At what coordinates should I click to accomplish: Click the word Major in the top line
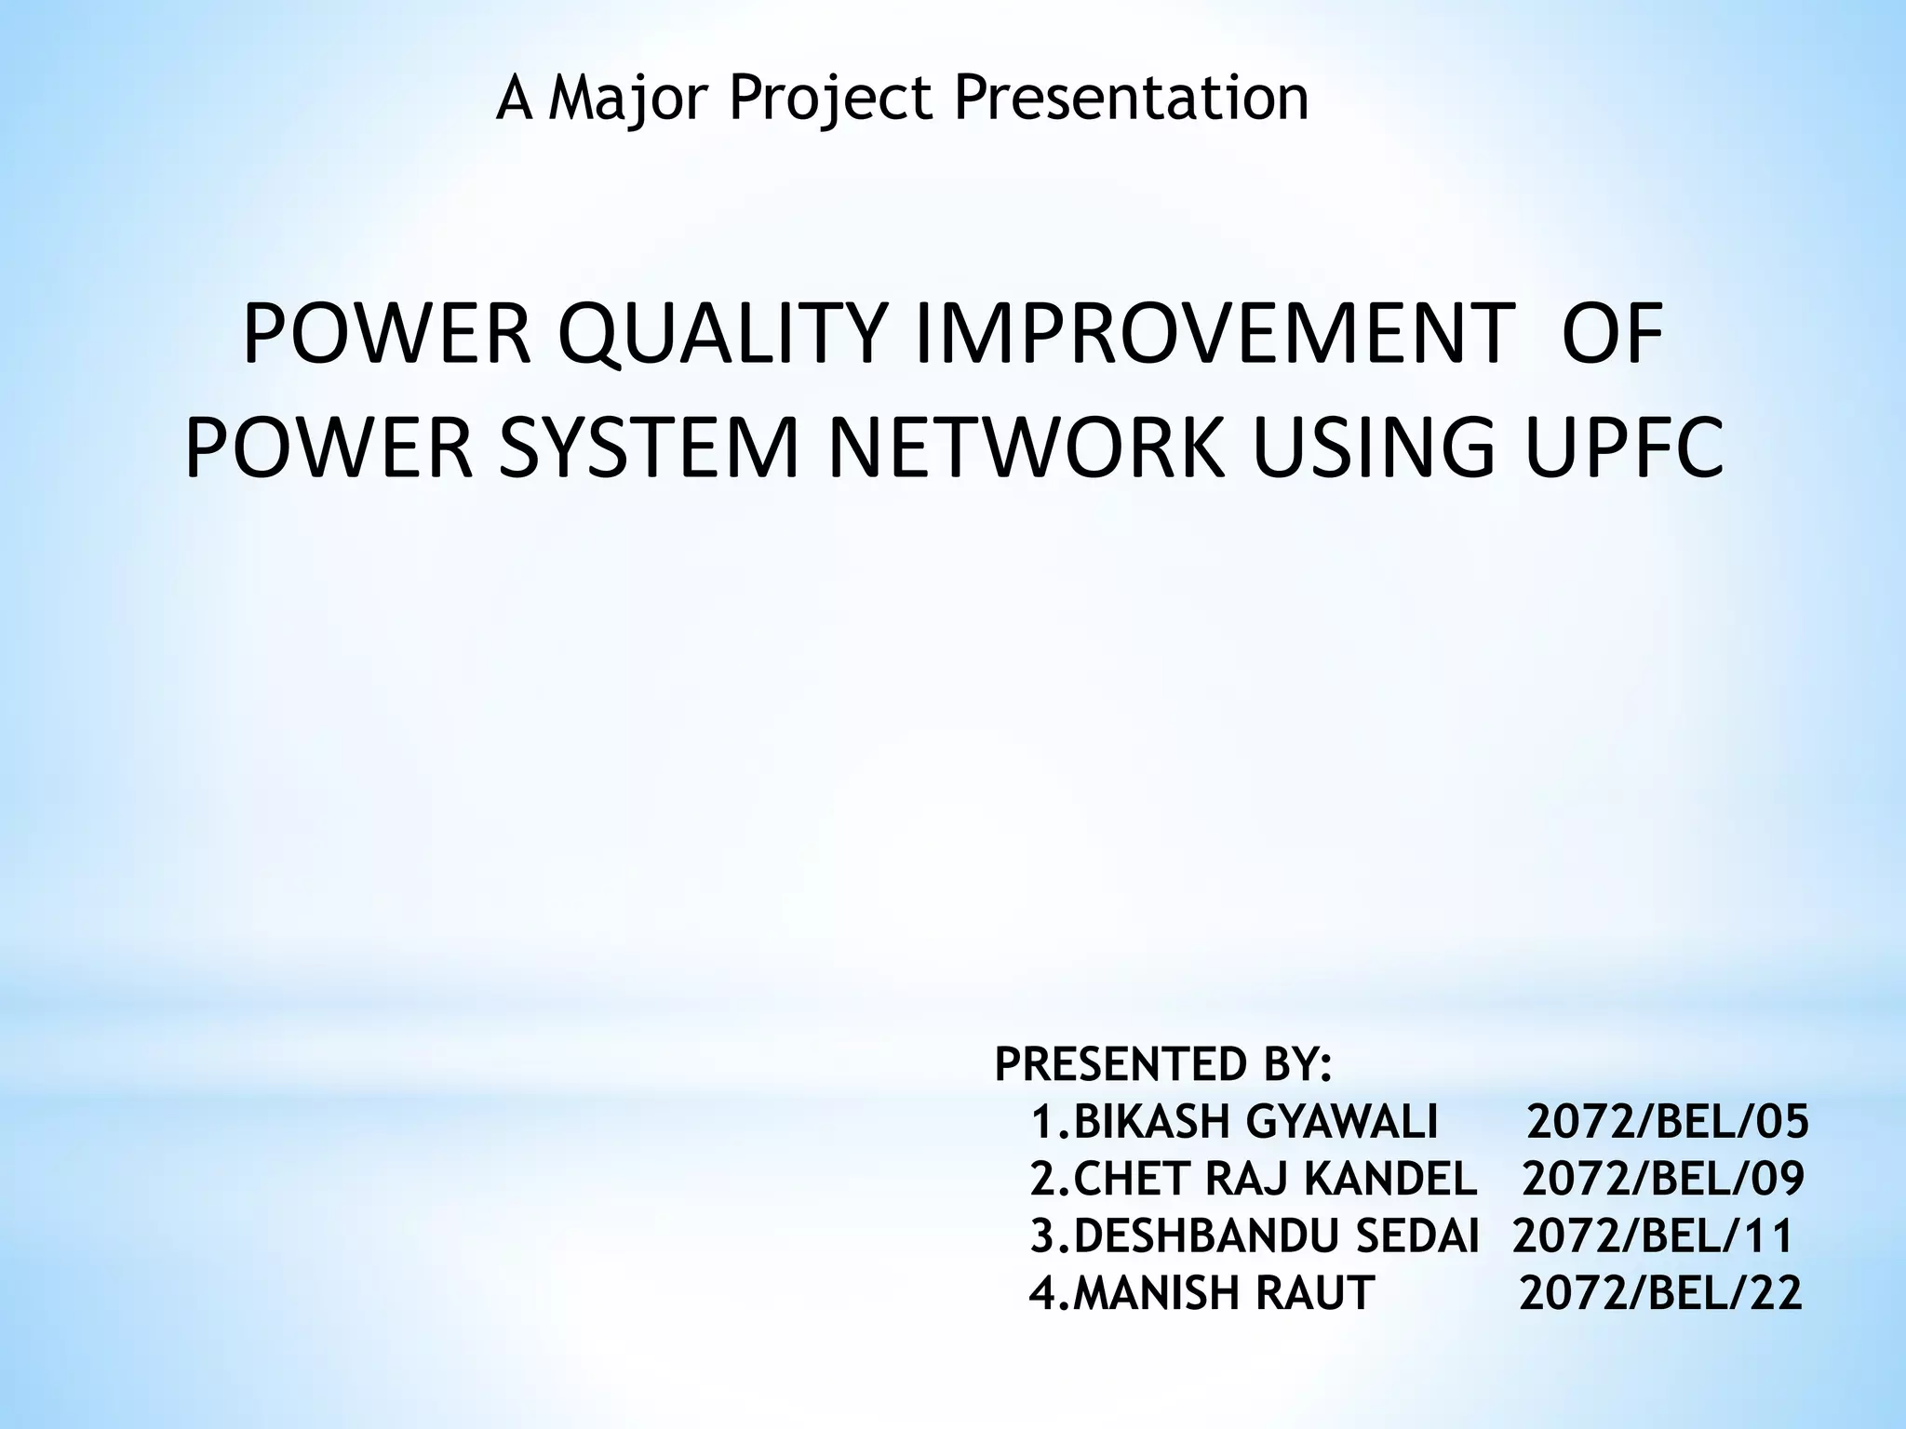pyautogui.click(x=634, y=99)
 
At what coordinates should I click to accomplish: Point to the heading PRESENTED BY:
pyautogui.click(x=1163, y=1064)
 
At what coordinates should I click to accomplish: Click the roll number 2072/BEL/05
pyautogui.click(x=1667, y=1122)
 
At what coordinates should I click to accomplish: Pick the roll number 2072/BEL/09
pyautogui.click(x=1663, y=1179)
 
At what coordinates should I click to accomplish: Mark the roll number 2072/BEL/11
pyautogui.click(x=1653, y=1236)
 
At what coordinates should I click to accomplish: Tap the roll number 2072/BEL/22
pyautogui.click(x=1660, y=1293)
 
